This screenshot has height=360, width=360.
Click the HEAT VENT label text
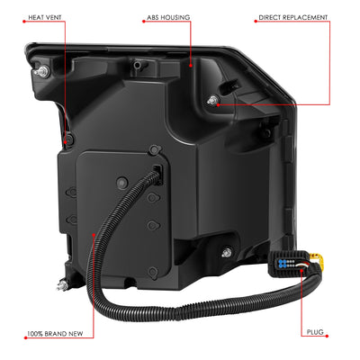(x=45, y=17)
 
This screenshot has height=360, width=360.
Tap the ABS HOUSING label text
(x=168, y=18)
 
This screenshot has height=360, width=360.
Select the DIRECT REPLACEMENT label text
(x=293, y=17)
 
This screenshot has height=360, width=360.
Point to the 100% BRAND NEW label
(x=55, y=334)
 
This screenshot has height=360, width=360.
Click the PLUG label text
(x=315, y=332)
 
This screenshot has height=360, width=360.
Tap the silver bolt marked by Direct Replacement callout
(x=213, y=100)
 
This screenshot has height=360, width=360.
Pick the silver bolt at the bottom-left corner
(x=62, y=284)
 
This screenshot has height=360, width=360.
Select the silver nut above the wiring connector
(x=227, y=251)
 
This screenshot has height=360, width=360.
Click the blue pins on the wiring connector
(x=282, y=264)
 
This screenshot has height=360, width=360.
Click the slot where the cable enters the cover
(x=157, y=174)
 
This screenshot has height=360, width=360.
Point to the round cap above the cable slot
(x=154, y=149)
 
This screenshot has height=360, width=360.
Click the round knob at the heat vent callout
(x=69, y=139)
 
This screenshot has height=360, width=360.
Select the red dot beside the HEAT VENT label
(x=24, y=22)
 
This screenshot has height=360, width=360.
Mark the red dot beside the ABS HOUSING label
(x=143, y=22)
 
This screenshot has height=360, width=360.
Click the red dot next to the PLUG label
(x=327, y=336)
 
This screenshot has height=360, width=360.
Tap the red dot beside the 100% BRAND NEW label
(x=25, y=337)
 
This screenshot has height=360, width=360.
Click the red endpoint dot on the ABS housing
(x=191, y=65)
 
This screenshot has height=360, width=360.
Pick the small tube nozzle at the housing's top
(x=138, y=64)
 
